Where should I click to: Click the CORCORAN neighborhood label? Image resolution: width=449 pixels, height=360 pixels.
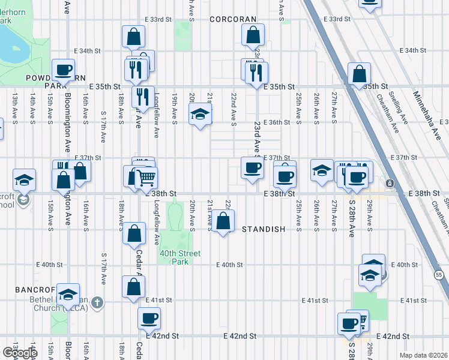tap(233, 19)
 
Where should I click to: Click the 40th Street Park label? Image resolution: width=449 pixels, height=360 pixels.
tap(174, 257)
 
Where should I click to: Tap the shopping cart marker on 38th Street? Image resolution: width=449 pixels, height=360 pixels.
tap(146, 177)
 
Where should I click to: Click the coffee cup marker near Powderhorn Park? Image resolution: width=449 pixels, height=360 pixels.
tap(62, 69)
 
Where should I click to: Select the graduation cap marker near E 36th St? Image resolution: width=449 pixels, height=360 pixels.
tap(200, 114)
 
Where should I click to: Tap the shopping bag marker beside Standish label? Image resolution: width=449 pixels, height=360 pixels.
tap(223, 221)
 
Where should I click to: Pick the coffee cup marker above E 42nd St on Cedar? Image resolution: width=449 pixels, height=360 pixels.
tap(149, 317)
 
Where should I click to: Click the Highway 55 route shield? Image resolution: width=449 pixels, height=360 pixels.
tap(439, 274)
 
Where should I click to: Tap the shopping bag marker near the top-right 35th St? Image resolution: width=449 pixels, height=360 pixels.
tap(358, 74)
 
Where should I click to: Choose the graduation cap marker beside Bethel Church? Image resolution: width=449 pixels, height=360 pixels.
tap(68, 293)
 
